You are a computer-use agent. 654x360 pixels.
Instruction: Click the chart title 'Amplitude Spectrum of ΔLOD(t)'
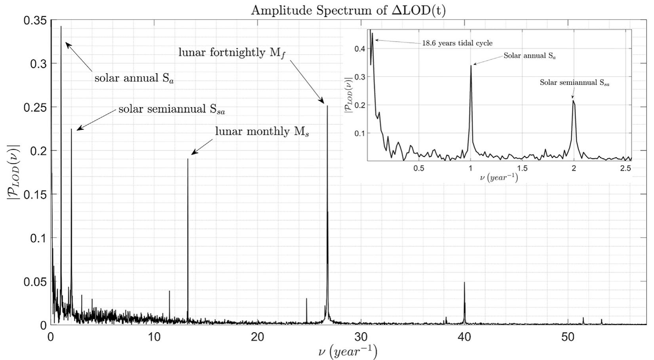click(348, 10)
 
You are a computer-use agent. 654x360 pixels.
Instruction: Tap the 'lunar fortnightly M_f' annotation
click(232, 53)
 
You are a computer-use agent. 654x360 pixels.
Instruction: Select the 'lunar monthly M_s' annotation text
click(262, 131)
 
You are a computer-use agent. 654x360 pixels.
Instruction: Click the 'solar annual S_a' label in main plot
click(134, 78)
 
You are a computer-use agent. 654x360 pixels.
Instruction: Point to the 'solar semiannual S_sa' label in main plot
click(172, 109)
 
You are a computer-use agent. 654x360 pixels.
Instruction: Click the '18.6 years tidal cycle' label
click(457, 43)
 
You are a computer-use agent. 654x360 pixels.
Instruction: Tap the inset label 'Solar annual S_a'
click(529, 56)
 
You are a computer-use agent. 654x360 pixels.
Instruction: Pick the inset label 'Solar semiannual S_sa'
click(574, 83)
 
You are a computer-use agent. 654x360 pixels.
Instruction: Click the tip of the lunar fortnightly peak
click(327, 106)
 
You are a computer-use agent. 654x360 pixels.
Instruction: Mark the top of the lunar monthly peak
click(188, 159)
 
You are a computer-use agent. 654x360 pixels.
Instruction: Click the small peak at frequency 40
click(464, 282)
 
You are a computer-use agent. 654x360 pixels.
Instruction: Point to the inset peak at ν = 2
click(573, 101)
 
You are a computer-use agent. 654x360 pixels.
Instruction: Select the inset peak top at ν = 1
click(471, 66)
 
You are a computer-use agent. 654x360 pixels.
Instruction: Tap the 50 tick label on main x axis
click(568, 337)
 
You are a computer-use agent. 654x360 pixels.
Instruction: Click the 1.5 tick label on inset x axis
click(522, 168)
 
